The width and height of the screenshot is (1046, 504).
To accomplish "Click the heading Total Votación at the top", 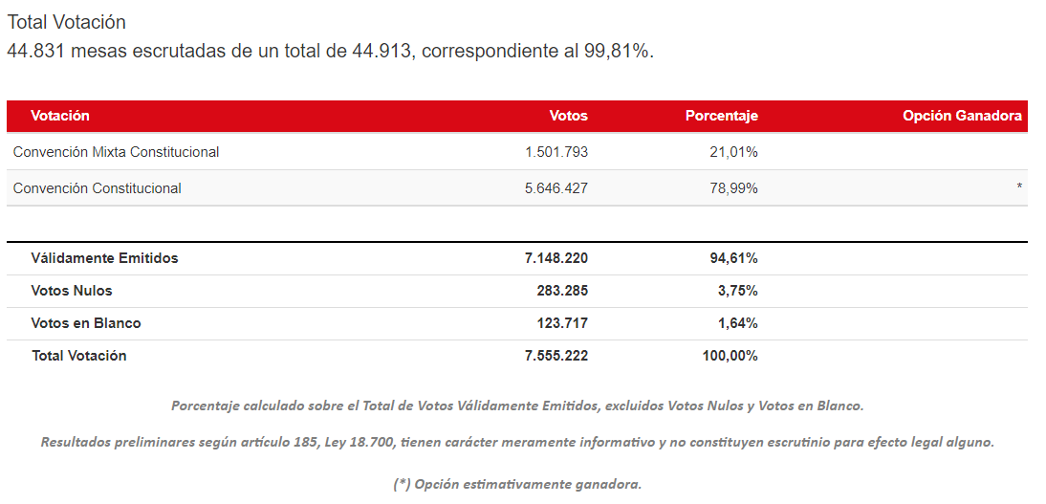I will [x=67, y=22].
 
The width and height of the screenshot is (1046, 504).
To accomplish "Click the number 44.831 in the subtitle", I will [x=35, y=51].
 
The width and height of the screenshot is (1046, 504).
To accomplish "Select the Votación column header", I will [x=60, y=116].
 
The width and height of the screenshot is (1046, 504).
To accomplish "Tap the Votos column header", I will [x=568, y=116].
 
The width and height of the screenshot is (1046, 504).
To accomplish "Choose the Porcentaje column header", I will [x=721, y=116].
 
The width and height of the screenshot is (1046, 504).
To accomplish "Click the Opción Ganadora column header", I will [x=962, y=116].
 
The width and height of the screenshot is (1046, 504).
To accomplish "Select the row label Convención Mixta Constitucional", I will [x=116, y=152].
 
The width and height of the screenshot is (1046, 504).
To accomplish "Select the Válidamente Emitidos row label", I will [x=104, y=258].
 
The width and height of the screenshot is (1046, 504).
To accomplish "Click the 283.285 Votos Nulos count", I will [x=562, y=291].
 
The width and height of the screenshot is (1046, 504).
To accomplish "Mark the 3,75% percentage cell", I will [x=737, y=291].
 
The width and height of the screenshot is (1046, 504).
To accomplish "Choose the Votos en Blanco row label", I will [x=86, y=323].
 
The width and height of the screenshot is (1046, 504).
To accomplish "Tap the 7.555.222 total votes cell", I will [x=556, y=356].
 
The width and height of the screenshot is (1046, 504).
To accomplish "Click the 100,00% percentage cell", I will [x=730, y=356].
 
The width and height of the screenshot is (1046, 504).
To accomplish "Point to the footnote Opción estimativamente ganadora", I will [x=517, y=484].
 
